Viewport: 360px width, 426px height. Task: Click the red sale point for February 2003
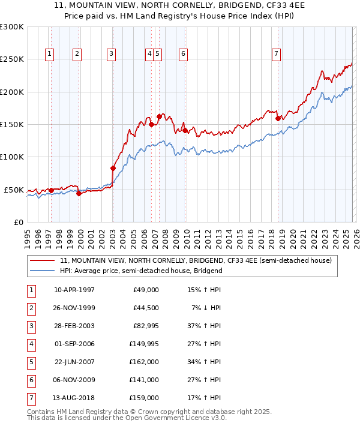(x=113, y=168)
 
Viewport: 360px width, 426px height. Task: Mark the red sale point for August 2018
(x=278, y=119)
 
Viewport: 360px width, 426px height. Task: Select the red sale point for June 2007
(x=159, y=116)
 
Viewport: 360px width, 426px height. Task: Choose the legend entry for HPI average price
(x=141, y=271)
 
